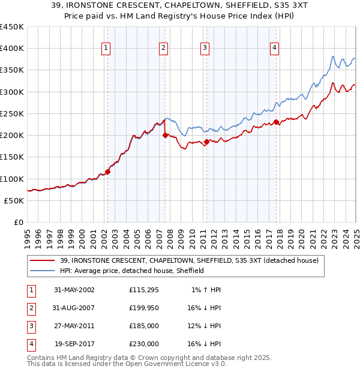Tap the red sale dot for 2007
coord(165,135)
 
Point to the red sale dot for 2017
coord(276,122)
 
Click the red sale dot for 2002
coord(108,172)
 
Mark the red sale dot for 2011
coord(206,142)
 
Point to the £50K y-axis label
coord(14,201)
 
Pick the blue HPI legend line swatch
coord(43,271)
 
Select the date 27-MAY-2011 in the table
coord(74,326)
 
